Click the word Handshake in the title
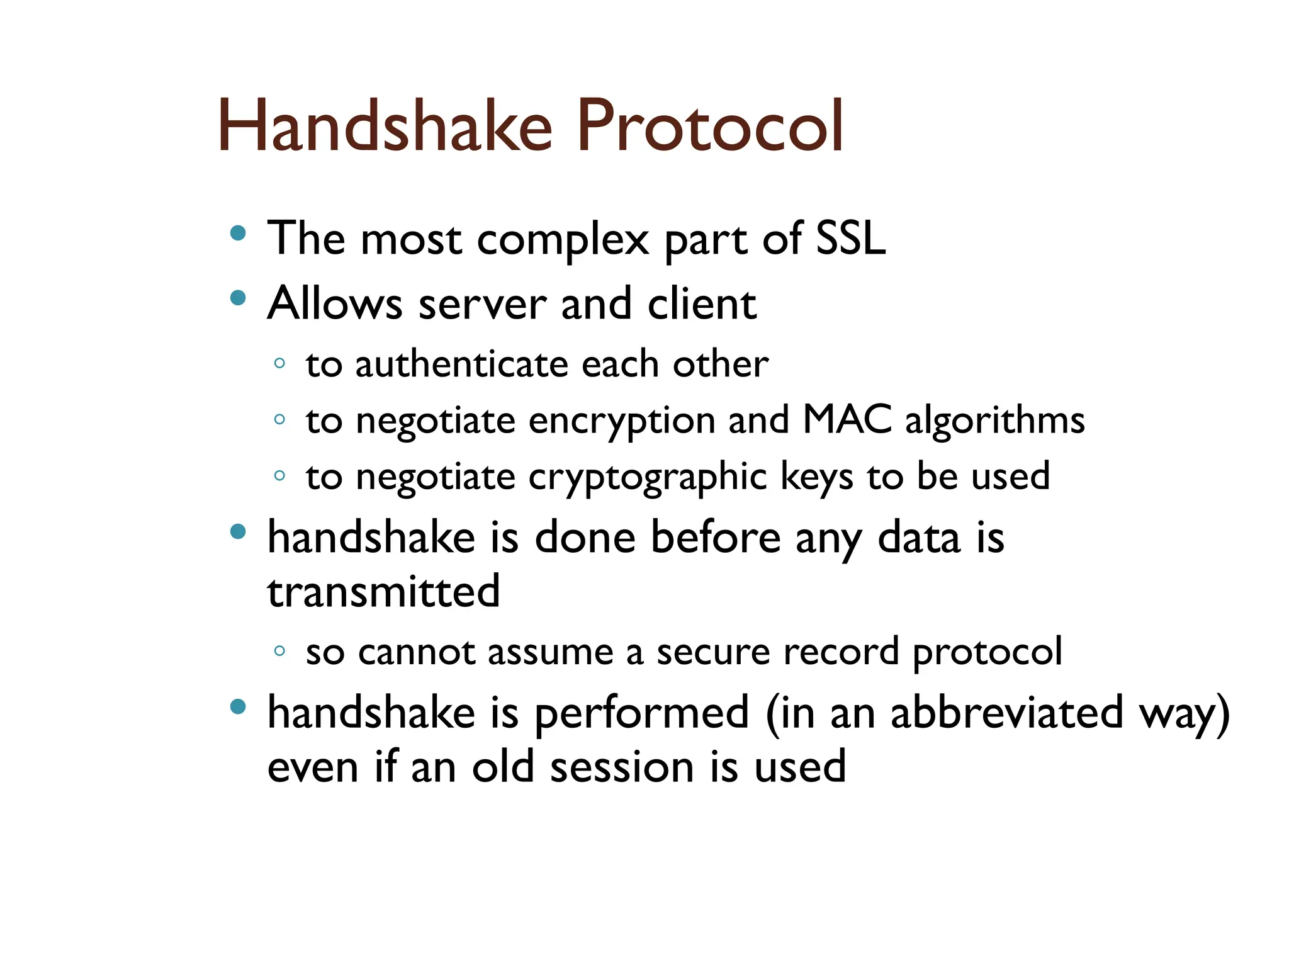pyautogui.click(x=385, y=126)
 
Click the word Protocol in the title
pyautogui.click(x=709, y=126)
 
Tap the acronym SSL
pyautogui.click(x=850, y=239)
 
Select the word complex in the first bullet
pyautogui.click(x=563, y=241)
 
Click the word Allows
pyautogui.click(x=334, y=303)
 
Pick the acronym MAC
pyautogui.click(x=847, y=419)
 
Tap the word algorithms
pyautogui.click(x=994, y=421)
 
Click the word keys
pyautogui.click(x=817, y=477)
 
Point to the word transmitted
pyautogui.click(x=383, y=592)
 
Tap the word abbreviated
pyautogui.click(x=1006, y=713)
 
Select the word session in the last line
pyautogui.click(x=622, y=767)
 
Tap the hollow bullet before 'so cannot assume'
pyautogui.click(x=280, y=651)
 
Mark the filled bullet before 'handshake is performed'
pyautogui.click(x=237, y=707)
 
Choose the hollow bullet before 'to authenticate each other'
pyautogui.click(x=280, y=363)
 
